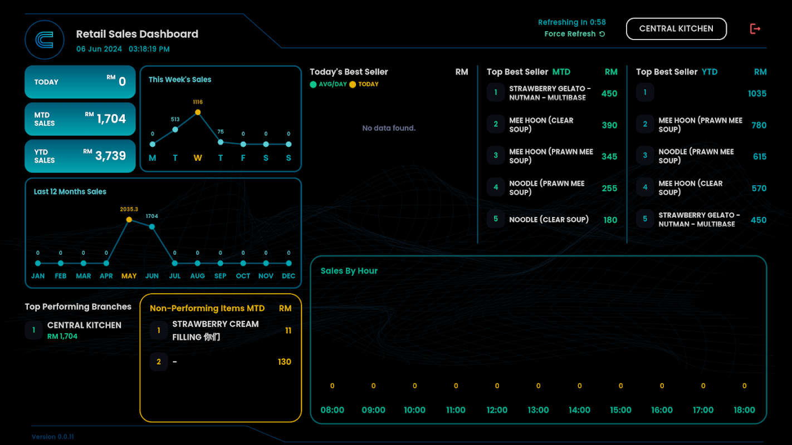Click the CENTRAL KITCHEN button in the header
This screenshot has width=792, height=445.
pyautogui.click(x=676, y=29)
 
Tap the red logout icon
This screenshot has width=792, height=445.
pyautogui.click(x=755, y=29)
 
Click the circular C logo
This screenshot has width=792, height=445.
pyautogui.click(x=45, y=40)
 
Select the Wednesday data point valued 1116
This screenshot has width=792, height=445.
pyautogui.click(x=198, y=112)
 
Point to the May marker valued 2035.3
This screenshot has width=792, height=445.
pyautogui.click(x=129, y=220)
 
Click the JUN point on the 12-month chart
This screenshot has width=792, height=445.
pyautogui.click(x=152, y=226)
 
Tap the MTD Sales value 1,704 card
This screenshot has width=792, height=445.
pyautogui.click(x=80, y=119)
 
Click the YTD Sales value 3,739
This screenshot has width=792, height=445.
pyautogui.click(x=110, y=156)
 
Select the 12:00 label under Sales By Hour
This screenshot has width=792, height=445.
pyautogui.click(x=497, y=410)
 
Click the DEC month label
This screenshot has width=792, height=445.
pyautogui.click(x=289, y=276)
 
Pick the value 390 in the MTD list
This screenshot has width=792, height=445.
pyautogui.click(x=609, y=125)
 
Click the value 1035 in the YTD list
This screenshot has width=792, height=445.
pyautogui.click(x=757, y=93)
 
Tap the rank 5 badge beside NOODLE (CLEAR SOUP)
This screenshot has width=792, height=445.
pyautogui.click(x=496, y=219)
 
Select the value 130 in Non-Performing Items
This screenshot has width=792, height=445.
pyautogui.click(x=284, y=362)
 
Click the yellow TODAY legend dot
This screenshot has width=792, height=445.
pyautogui.click(x=353, y=85)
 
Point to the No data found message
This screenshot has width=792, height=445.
pyautogui.click(x=389, y=128)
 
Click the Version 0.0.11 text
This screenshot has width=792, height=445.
pyautogui.click(x=53, y=437)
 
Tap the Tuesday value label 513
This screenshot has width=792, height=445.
pyautogui.click(x=175, y=119)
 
